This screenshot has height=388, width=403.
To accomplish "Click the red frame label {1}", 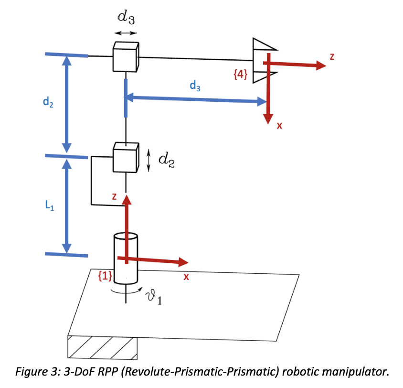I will [105, 276].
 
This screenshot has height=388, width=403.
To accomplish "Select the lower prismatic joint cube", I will [126, 157].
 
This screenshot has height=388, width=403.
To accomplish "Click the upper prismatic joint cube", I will [126, 56].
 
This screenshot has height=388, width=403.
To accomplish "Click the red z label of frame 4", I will [332, 57].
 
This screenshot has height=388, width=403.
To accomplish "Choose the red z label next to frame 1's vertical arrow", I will [114, 196].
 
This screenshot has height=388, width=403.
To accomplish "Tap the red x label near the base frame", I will [186, 277].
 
